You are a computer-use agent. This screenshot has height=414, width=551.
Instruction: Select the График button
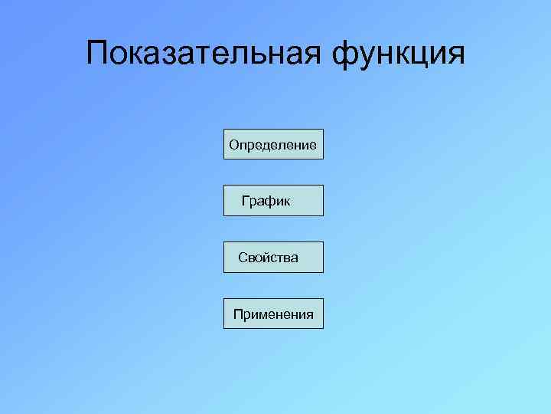(273, 201)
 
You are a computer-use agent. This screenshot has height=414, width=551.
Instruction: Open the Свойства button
(273, 258)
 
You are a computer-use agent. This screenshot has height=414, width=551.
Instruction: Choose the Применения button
(273, 314)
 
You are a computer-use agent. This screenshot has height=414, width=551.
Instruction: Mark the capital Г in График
(246, 201)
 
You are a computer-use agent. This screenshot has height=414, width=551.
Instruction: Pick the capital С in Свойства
(242, 258)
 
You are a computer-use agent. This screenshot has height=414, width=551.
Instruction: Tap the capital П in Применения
(238, 314)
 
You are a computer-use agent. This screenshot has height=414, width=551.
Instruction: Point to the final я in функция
(455, 55)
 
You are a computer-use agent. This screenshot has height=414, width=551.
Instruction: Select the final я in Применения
(310, 314)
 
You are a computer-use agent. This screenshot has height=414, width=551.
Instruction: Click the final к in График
(286, 202)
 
